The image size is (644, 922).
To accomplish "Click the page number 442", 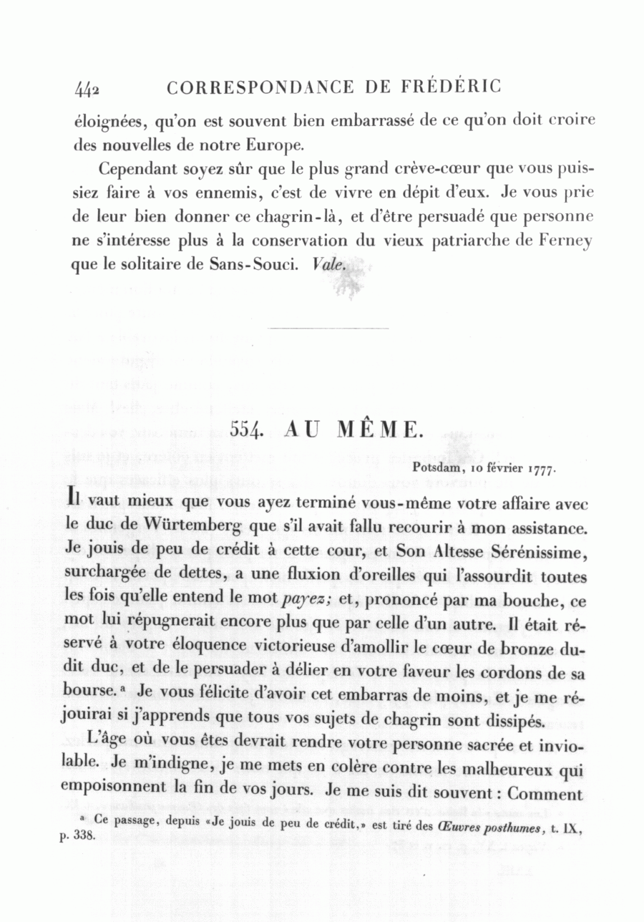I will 87,89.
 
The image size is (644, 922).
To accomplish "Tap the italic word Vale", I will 329,263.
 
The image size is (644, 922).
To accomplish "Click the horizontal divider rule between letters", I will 327,328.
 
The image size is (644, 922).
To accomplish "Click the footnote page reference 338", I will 84,836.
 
